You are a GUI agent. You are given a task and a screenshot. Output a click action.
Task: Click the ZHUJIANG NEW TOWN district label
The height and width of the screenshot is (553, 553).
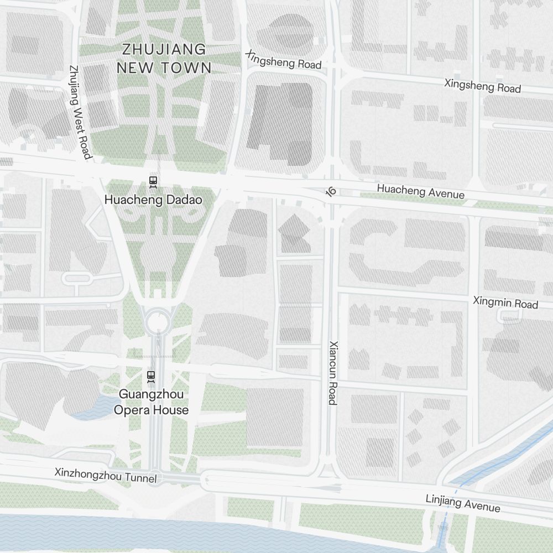[164, 59]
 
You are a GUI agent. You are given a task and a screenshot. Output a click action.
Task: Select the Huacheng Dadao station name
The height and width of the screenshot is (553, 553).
[153, 200]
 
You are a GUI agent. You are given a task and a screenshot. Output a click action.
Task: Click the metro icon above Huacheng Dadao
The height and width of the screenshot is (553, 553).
[153, 181]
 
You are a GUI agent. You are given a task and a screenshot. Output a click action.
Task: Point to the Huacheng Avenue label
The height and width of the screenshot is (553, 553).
[420, 191]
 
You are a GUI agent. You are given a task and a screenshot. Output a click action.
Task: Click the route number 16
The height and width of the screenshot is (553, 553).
[331, 191]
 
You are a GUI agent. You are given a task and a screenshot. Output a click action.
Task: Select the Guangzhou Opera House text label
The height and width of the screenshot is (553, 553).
[151, 402]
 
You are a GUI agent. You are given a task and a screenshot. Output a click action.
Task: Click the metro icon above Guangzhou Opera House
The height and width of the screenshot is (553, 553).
[151, 377]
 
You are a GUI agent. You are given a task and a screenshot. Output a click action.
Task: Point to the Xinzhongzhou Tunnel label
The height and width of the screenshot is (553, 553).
[106, 475]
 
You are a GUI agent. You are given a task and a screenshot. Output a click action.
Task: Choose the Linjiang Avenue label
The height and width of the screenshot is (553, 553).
[462, 503]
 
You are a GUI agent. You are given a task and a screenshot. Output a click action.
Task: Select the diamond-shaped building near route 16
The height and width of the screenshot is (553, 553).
[294, 227]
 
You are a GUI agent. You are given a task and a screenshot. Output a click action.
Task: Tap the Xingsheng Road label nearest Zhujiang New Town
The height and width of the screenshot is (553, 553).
[283, 61]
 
